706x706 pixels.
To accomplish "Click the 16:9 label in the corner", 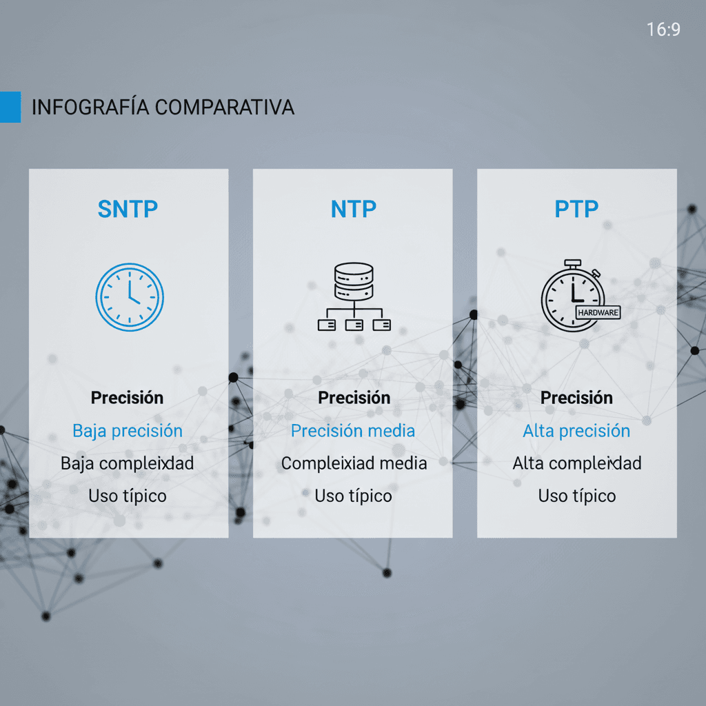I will coord(663,30).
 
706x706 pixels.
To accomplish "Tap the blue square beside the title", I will coord(10,107).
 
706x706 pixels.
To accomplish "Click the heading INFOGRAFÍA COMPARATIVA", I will coord(163,108).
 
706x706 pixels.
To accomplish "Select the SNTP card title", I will coord(128,209).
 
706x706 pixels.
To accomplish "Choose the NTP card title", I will coord(353,209).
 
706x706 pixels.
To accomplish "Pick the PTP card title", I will coord(576,209).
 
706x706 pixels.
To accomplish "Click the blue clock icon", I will coord(129,296).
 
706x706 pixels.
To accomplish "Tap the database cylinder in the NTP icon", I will coord(353,279).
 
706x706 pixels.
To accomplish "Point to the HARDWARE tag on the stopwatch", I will coord(598,312).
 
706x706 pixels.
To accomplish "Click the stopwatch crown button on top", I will coord(572,263).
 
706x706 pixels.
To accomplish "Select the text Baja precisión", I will coord(128,431).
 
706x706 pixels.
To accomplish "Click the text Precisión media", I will coord(353,431).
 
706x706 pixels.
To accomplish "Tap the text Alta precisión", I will coord(576,431).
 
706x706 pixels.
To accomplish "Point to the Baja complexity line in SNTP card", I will coord(128,463).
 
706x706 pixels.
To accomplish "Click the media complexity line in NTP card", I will coord(354,463).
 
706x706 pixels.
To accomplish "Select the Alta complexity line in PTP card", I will coord(577,463).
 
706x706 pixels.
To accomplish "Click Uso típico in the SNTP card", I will coord(128,496).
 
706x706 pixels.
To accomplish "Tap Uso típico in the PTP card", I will coord(577,496).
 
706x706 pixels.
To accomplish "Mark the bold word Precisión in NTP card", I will coord(354,398).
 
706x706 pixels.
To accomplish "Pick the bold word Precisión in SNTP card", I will coord(128,398).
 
